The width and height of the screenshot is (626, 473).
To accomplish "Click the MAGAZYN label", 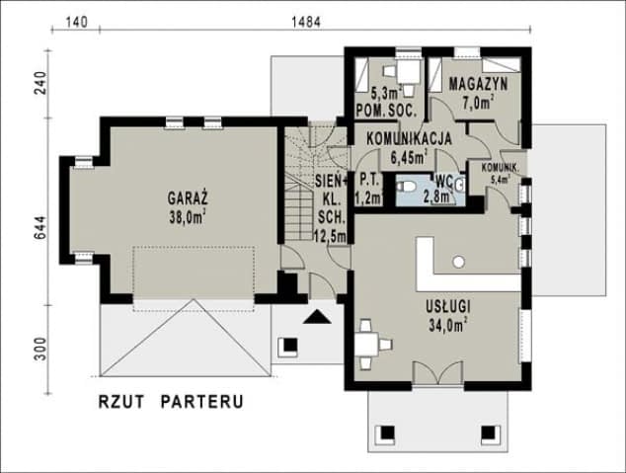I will pyautogui.click(x=477, y=85).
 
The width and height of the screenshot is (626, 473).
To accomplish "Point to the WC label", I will pyautogui.click(x=444, y=181).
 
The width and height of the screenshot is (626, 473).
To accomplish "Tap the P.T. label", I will pyautogui.click(x=369, y=181).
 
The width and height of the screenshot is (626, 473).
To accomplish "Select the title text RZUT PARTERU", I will pyautogui.click(x=171, y=403).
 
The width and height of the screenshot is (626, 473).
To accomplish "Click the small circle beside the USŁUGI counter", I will pyautogui.click(x=458, y=261).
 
